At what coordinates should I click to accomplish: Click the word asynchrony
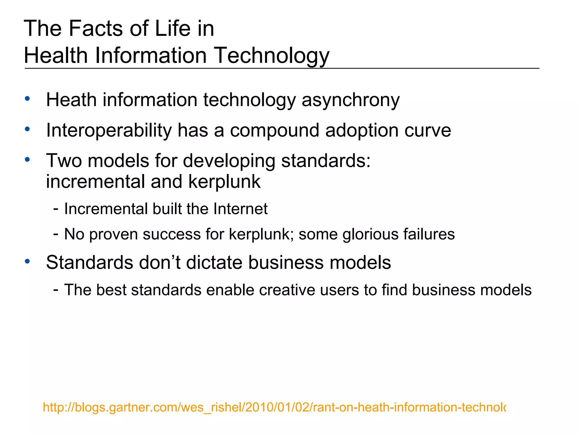pos(351,101)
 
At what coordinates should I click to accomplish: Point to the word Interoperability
pos(109,131)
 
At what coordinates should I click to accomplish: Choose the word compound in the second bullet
pos(275,131)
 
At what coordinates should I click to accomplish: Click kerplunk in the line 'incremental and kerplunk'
pos(224,182)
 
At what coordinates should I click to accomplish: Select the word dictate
pos(214,262)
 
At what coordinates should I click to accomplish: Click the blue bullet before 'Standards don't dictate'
pos(27,261)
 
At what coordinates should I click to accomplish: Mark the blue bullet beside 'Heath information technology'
pos(27,99)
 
